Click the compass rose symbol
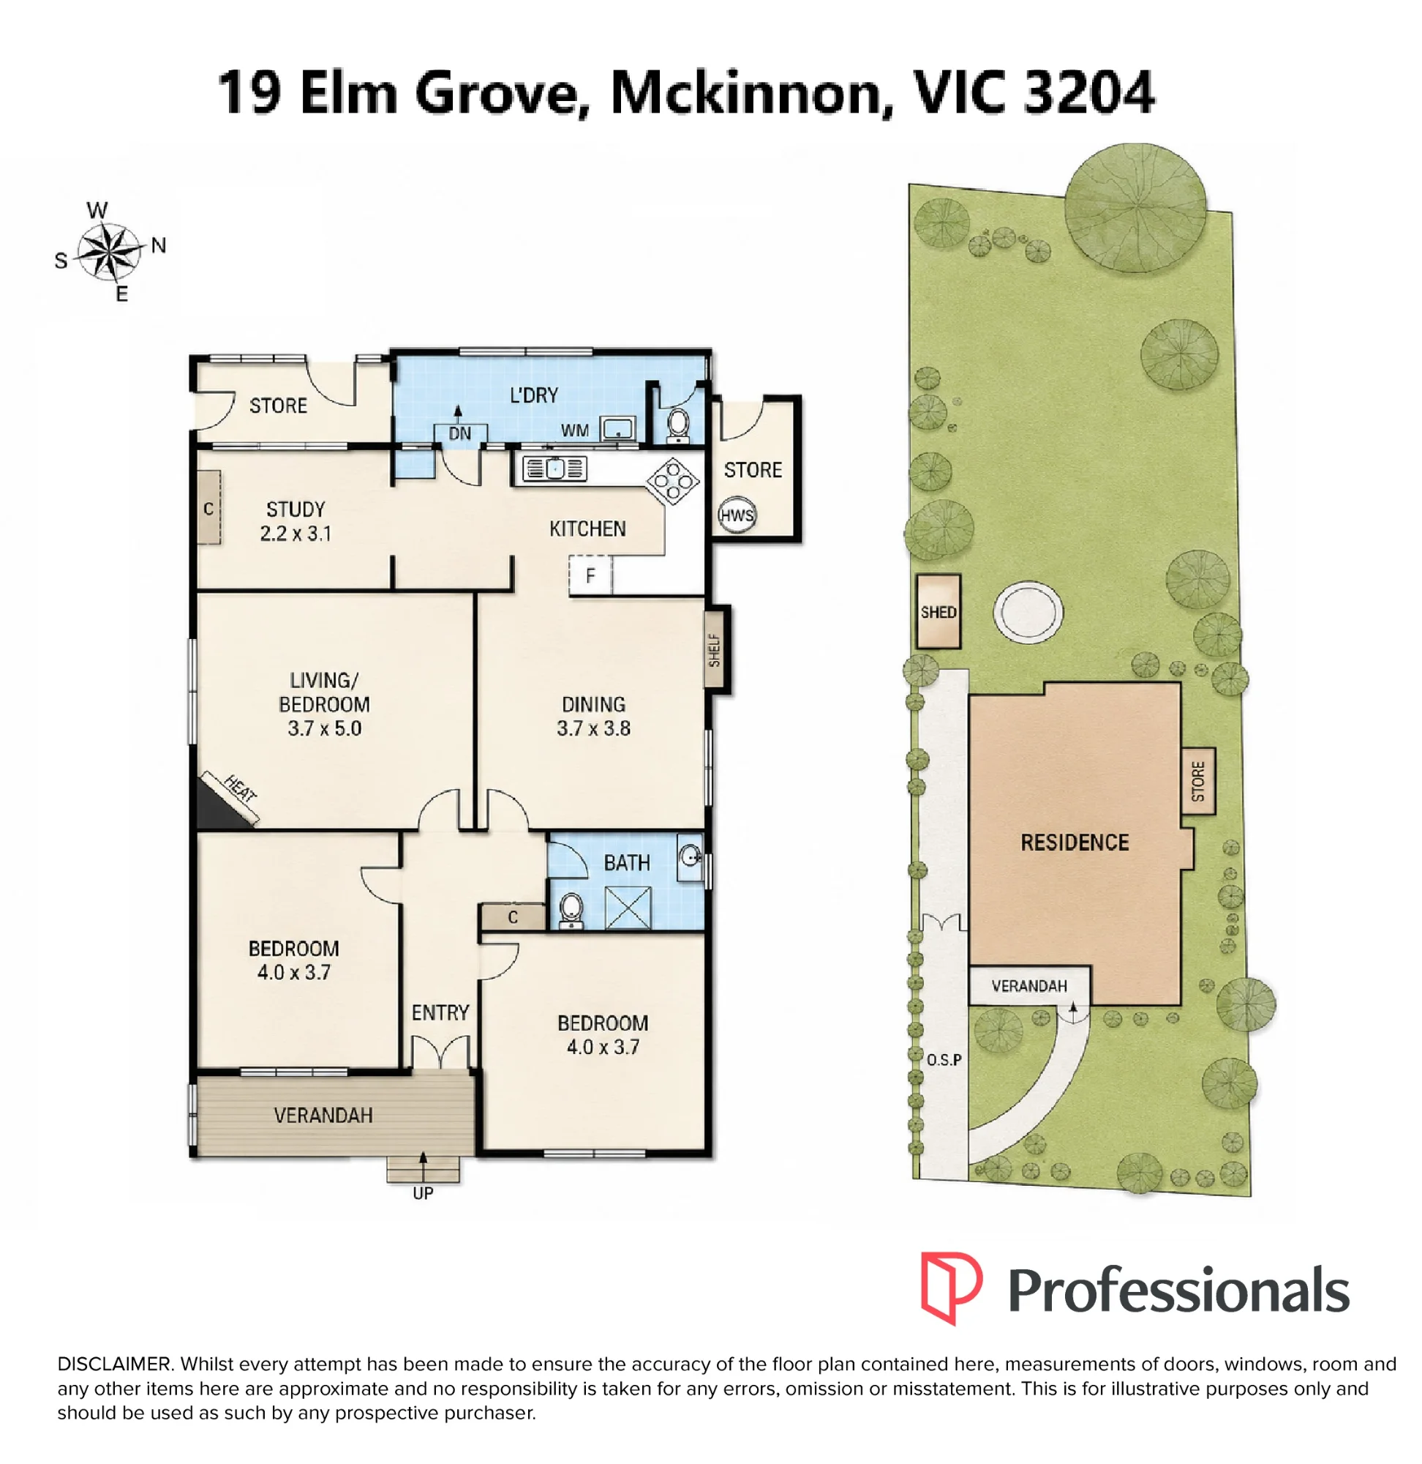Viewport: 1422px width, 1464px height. (110, 252)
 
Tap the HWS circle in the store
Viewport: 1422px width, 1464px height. (737, 515)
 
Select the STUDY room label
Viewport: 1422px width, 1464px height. (296, 509)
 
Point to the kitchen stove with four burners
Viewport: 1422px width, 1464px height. (673, 480)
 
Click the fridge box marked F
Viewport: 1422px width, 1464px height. (590, 575)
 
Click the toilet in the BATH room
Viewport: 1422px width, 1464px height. (571, 910)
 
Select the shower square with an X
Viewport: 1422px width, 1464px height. (628, 907)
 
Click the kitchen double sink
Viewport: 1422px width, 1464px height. (555, 468)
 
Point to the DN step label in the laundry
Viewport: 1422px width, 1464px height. (460, 433)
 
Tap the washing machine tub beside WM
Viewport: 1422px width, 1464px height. (617, 429)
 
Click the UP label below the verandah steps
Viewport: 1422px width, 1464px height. (423, 1192)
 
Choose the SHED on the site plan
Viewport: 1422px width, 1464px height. (938, 611)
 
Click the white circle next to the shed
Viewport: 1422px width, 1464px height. (1028, 611)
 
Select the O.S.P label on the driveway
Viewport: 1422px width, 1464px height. (944, 1060)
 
